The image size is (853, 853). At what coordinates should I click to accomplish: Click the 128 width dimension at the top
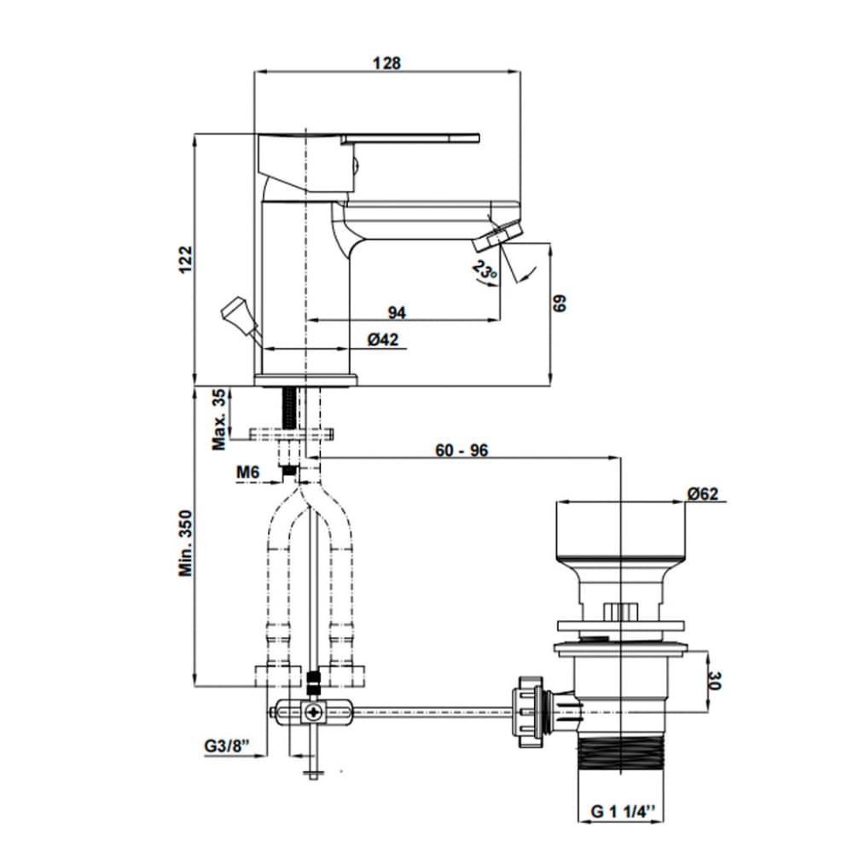click(387, 63)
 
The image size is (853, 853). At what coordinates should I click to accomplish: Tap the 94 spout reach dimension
click(396, 312)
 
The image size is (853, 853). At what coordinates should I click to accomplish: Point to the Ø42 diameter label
click(384, 339)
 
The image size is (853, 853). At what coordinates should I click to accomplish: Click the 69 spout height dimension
click(560, 305)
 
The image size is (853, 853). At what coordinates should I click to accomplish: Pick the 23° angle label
click(484, 272)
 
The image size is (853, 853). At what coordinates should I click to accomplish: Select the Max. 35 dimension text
click(221, 419)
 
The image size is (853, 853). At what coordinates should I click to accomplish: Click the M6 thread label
click(247, 473)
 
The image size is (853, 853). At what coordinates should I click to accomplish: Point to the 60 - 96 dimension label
click(461, 450)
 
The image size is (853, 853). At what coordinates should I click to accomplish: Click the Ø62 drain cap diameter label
click(705, 493)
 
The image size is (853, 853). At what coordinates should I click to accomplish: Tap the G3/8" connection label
click(226, 746)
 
